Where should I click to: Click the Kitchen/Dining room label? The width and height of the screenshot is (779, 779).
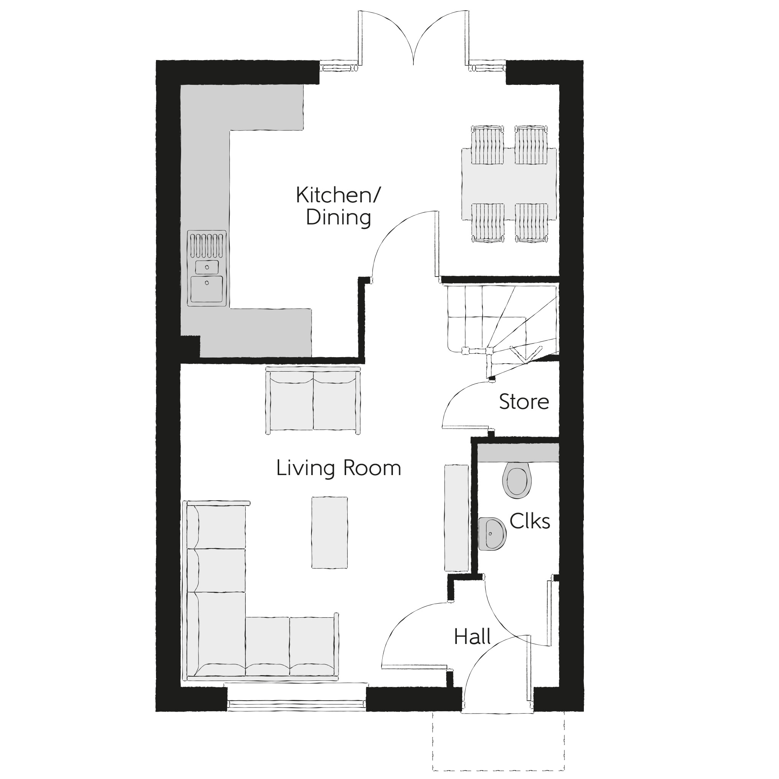click(x=338, y=206)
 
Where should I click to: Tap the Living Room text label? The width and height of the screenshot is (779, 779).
click(x=339, y=468)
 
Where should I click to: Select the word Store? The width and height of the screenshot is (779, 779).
click(x=524, y=402)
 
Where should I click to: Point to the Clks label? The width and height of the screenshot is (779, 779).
click(x=529, y=521)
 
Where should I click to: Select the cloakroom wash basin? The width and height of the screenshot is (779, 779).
click(x=492, y=533)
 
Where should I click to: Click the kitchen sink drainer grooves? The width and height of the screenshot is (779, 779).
click(x=207, y=245)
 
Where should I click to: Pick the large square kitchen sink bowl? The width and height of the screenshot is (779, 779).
click(x=207, y=288)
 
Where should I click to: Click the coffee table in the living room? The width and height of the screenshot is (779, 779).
click(x=329, y=533)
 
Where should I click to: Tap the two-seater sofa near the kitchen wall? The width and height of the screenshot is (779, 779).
click(x=313, y=401)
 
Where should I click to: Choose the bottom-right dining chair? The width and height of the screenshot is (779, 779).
click(x=531, y=223)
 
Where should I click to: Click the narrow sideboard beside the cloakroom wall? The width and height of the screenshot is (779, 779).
click(x=456, y=518)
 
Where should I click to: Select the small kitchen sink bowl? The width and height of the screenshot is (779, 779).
click(x=207, y=267)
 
